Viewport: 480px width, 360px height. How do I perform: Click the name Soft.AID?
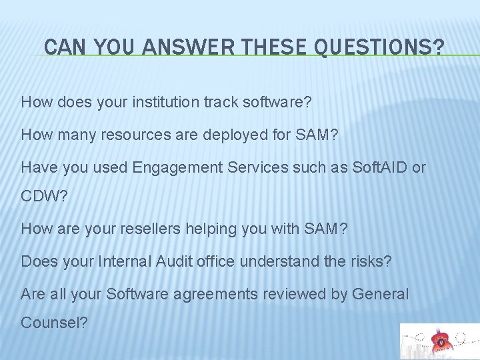[x=375, y=167]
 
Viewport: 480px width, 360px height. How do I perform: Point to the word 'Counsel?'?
[x=53, y=323]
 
